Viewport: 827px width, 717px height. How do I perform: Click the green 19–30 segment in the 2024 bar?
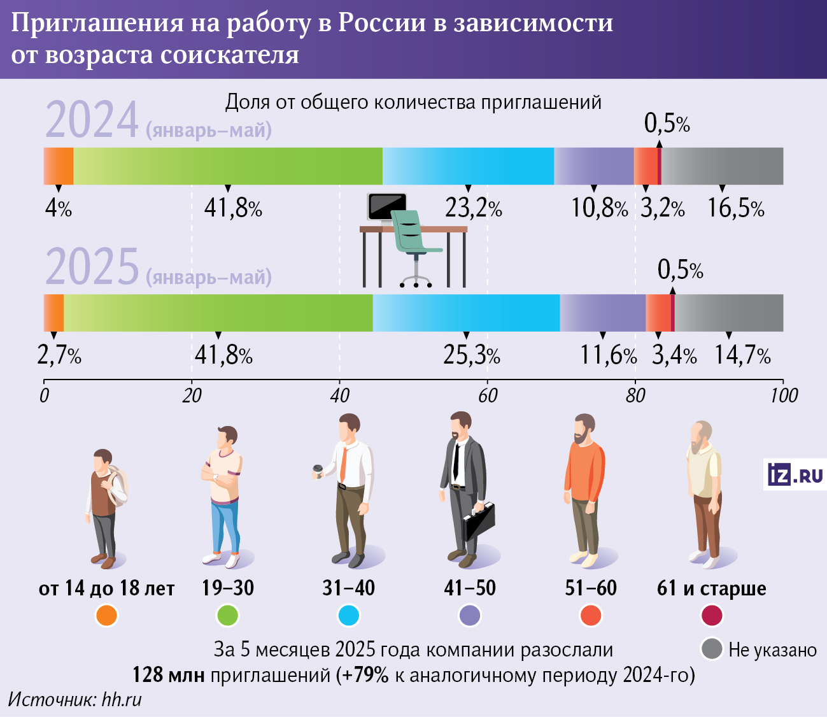pos(228,166)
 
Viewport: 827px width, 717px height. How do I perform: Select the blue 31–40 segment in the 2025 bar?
pos(466,313)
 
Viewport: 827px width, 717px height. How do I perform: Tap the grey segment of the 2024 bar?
pos(722,166)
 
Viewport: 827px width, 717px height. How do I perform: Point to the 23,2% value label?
pos(473,208)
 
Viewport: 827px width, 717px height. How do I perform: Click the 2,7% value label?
pos(59,355)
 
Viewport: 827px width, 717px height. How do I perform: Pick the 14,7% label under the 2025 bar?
pos(742,355)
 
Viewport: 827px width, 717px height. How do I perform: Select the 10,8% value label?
pos(599,208)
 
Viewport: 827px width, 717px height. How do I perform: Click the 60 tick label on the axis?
pos(488,395)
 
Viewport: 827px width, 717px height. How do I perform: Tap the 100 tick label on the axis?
pos(783,395)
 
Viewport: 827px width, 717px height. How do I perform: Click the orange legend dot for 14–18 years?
pos(106,616)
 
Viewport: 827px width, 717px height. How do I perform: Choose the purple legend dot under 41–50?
pos(470,616)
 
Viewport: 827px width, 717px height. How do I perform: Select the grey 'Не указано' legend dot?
pos(711,649)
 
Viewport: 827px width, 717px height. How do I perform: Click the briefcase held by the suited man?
pos(479,521)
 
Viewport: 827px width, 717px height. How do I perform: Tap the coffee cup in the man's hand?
pos(317,470)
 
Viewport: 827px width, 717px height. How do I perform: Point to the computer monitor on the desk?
pos(386,207)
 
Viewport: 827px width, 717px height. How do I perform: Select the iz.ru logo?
pos(795,475)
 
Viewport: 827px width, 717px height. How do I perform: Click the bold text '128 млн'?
pos(168,674)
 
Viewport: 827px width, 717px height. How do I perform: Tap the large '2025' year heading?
pos(92,267)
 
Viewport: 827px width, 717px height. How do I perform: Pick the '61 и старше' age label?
pos(711,588)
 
